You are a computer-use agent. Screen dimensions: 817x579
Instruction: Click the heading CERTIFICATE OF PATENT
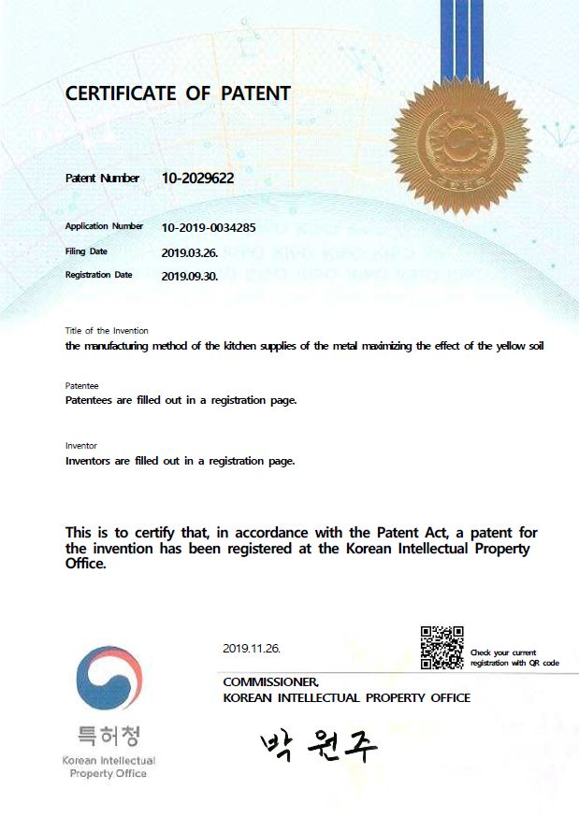click(x=178, y=93)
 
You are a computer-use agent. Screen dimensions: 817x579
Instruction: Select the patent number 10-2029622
click(x=197, y=178)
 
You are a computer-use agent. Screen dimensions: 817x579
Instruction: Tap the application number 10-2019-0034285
click(x=209, y=227)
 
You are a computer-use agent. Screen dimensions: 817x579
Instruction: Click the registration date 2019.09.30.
click(x=189, y=276)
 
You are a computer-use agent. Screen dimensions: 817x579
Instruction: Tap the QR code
click(x=441, y=648)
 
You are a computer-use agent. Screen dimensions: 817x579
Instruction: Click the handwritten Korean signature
click(x=319, y=744)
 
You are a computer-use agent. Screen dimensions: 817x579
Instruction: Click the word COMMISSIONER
click(x=270, y=682)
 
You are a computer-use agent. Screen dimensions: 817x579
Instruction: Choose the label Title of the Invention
click(x=107, y=331)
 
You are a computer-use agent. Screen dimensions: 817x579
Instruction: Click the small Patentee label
click(x=82, y=386)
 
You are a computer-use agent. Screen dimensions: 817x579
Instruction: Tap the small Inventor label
click(x=81, y=446)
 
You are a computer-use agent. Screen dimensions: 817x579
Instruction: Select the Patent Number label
click(x=102, y=179)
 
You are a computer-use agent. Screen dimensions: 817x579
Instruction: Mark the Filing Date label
click(x=86, y=251)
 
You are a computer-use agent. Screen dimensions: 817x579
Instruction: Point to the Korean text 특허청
click(x=109, y=737)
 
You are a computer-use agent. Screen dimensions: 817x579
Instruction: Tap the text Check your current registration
click(x=514, y=657)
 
